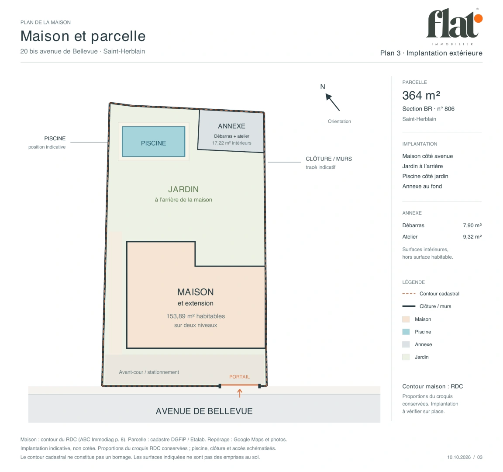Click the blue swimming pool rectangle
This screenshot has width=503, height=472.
pos(154,142)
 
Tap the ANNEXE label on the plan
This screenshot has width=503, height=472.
pos(231,126)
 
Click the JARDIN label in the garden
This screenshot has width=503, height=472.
pos(183,189)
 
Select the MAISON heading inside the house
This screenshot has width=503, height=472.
pos(196,292)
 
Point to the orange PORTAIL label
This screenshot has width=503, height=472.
pos(239,377)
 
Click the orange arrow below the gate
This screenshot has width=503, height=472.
pos(240,393)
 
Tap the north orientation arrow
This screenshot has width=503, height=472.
pos(332,102)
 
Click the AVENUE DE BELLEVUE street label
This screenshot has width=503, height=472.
pos(204,411)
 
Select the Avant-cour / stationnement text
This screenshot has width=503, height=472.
pos(149,372)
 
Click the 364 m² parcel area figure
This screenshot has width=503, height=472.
pos(421,95)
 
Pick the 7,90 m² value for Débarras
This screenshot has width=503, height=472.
pos(472,226)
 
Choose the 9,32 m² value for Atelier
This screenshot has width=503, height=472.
pos(472,236)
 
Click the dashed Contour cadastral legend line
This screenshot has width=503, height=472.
pos(409,294)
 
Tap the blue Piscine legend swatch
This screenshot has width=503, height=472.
pos(406,332)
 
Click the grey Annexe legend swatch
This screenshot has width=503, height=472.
pos(406,344)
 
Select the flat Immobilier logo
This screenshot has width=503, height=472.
pos(454,27)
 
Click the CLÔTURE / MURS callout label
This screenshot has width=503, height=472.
pos(328,159)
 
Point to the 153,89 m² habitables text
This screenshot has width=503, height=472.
pos(196,316)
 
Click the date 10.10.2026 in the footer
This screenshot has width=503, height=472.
pos(459,457)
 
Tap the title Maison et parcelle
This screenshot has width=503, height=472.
pos(83,36)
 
